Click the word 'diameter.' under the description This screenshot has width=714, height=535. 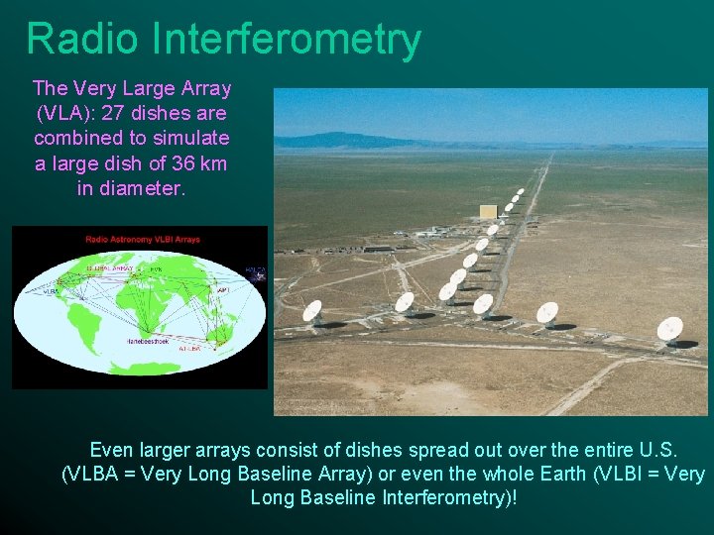pyautogui.click(x=131, y=187)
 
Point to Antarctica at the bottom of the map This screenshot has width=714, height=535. pyautogui.click(x=139, y=372)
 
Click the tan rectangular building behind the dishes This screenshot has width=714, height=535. pyautogui.click(x=487, y=212)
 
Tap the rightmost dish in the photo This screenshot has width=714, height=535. pyautogui.click(x=670, y=328)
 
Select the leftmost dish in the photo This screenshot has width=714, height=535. pyautogui.click(x=312, y=311)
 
